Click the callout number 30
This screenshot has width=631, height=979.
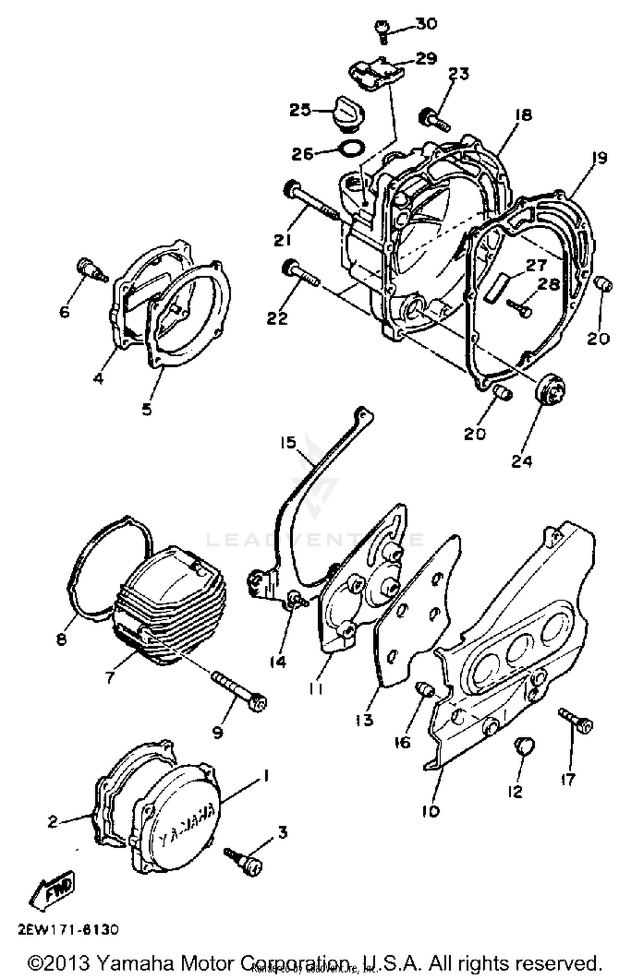[x=426, y=24]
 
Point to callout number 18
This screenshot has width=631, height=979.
[x=523, y=115]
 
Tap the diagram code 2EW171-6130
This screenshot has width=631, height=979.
[x=69, y=930]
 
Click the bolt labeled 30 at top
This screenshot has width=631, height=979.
[x=382, y=31]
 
